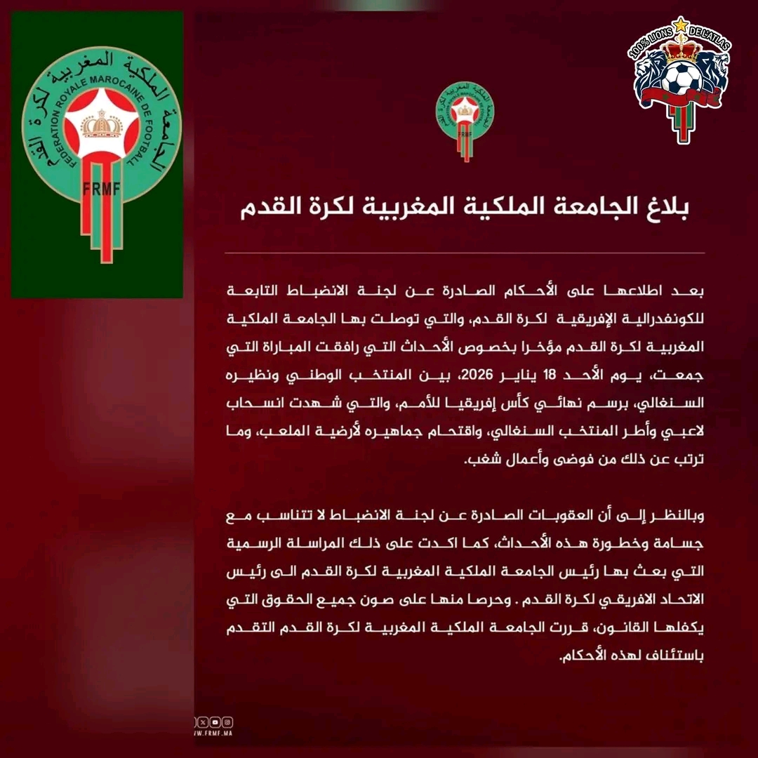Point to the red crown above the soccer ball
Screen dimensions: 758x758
(x=679, y=49)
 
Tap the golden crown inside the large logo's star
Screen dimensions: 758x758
(x=97, y=125)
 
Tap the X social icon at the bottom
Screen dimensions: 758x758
(x=203, y=722)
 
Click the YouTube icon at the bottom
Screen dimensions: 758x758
(x=215, y=722)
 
